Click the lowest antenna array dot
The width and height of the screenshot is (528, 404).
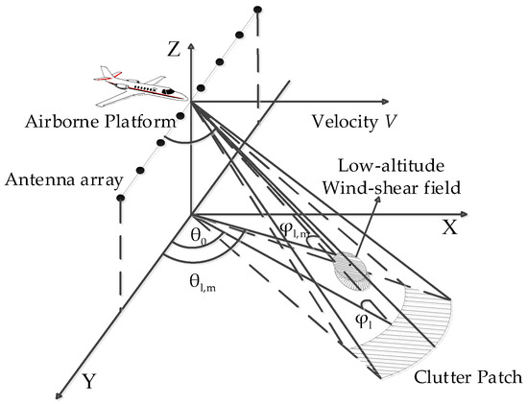(x=120, y=201)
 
